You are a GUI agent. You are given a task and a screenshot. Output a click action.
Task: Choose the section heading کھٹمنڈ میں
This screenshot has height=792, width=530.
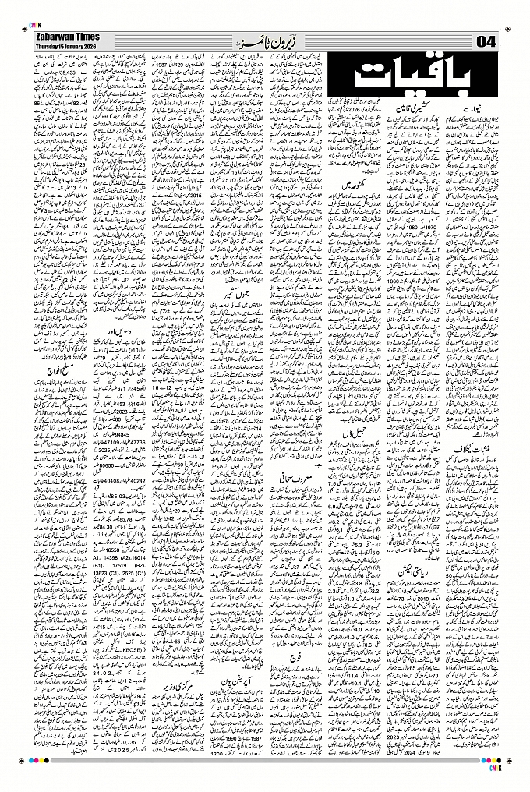coord(360,186)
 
